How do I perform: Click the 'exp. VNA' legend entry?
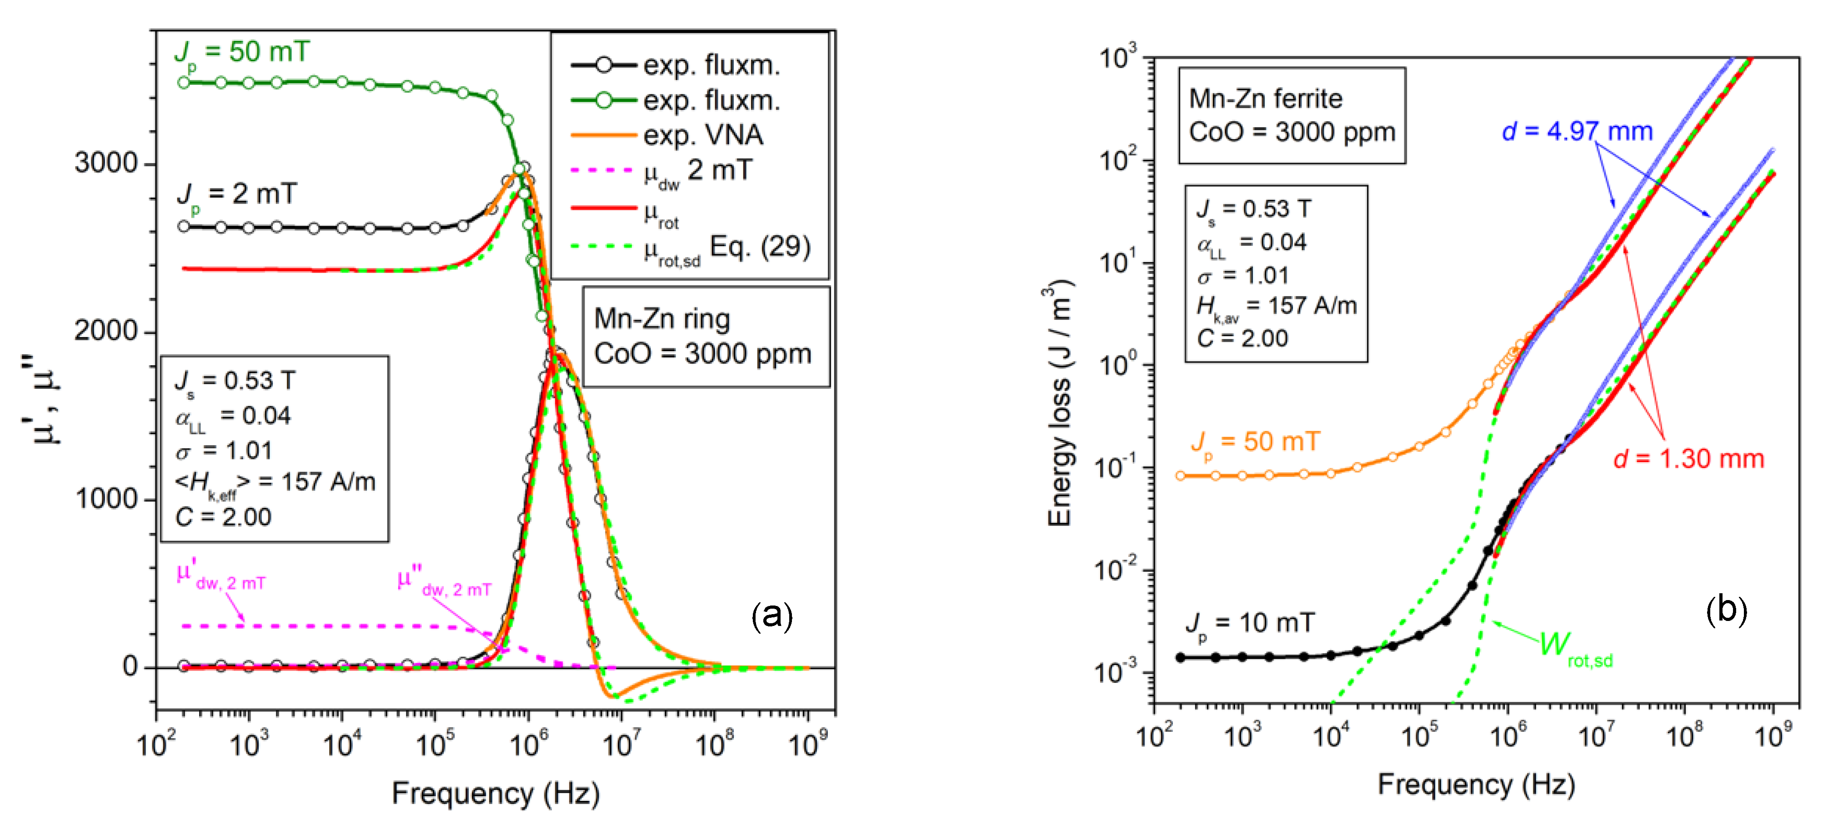[703, 134]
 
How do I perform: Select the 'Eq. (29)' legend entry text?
[760, 246]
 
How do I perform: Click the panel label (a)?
[771, 616]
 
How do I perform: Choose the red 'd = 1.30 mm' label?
[1688, 459]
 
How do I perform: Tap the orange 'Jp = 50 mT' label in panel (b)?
[1256, 443]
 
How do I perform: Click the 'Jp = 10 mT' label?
[1250, 623]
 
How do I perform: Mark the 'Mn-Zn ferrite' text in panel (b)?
[1265, 98]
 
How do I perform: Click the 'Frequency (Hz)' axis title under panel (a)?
[496, 794]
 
